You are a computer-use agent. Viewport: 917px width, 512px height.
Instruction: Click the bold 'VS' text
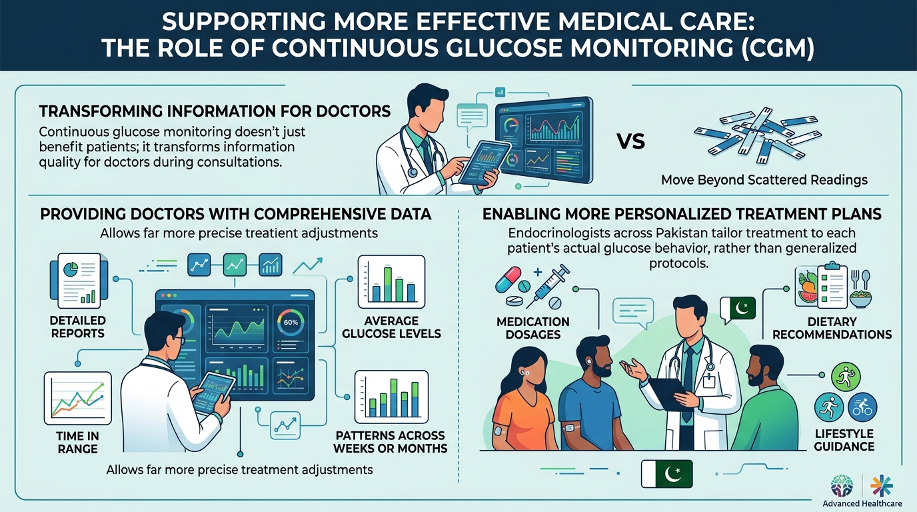point(631,142)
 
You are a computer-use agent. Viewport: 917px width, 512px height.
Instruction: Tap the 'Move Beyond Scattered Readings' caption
point(764,180)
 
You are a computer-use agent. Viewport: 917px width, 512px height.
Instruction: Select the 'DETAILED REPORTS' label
point(78,327)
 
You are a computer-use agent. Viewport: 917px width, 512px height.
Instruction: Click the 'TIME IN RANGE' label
point(78,443)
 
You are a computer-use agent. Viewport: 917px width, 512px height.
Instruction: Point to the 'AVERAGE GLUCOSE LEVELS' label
point(391,327)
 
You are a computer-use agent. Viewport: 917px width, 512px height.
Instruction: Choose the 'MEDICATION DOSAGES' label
point(533,328)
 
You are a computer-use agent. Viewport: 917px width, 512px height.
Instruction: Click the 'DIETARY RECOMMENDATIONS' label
point(832,328)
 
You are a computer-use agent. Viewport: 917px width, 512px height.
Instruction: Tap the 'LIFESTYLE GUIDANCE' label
point(844,440)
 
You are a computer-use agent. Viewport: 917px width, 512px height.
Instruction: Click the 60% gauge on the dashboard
point(291,323)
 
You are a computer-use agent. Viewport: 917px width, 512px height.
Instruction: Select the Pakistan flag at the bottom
point(667,473)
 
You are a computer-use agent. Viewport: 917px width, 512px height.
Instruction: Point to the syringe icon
point(547,286)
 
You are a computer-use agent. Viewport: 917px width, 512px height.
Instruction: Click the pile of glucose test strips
point(757,135)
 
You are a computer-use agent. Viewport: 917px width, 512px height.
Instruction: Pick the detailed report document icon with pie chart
point(79,281)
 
